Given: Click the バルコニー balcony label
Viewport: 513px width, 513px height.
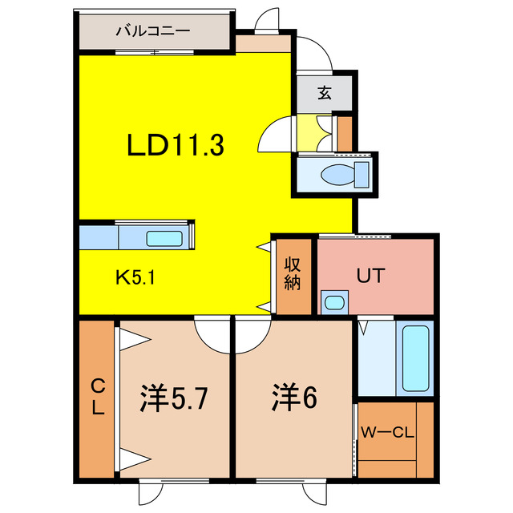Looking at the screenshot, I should pyautogui.click(x=152, y=32).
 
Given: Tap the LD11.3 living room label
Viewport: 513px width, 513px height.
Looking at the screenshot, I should pyautogui.click(x=175, y=146).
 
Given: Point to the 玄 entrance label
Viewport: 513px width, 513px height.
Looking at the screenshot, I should pyautogui.click(x=324, y=93).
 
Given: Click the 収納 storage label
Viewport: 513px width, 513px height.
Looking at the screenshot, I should pyautogui.click(x=292, y=274).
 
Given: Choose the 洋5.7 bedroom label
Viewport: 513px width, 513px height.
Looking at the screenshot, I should pyautogui.click(x=175, y=397).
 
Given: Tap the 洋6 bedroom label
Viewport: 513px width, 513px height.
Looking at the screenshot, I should pyautogui.click(x=293, y=397).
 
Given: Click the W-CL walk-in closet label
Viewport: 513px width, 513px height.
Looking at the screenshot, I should pyautogui.click(x=387, y=434).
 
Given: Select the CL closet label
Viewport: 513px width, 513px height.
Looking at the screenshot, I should pyautogui.click(x=97, y=396).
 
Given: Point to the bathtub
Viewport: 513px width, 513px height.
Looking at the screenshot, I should pyautogui.click(x=416, y=357).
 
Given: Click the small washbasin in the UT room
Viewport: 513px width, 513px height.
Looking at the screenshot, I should pyautogui.click(x=333, y=303).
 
